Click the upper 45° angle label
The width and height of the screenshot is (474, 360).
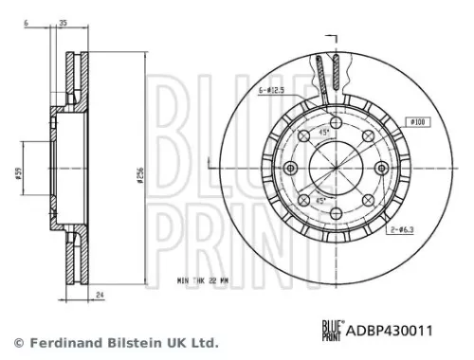click(x=322, y=132)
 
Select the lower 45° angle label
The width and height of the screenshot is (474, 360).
click(x=322, y=200)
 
